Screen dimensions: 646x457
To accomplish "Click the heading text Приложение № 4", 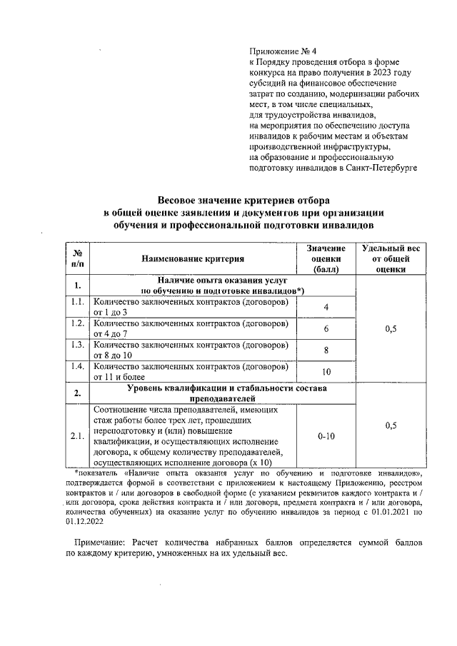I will pyautogui.click(x=277, y=51).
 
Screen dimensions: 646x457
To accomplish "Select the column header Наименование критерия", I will pyautogui.click(x=192, y=258).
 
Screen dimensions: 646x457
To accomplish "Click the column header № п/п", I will pyautogui.click(x=77, y=258).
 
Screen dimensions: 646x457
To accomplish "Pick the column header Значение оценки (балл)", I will pyautogui.click(x=326, y=258).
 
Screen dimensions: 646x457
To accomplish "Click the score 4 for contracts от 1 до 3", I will pyautogui.click(x=326, y=307).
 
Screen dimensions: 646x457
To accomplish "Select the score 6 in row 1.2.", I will pyautogui.click(x=326, y=329).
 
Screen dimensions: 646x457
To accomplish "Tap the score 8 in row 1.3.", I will pyautogui.click(x=326, y=350).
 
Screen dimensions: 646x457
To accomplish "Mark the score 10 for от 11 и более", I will pyautogui.click(x=326, y=372).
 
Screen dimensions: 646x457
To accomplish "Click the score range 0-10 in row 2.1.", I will pyautogui.click(x=326, y=436).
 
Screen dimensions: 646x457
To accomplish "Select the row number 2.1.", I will pyautogui.click(x=77, y=436).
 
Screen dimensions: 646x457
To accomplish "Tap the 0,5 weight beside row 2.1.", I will pyautogui.click(x=391, y=425).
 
